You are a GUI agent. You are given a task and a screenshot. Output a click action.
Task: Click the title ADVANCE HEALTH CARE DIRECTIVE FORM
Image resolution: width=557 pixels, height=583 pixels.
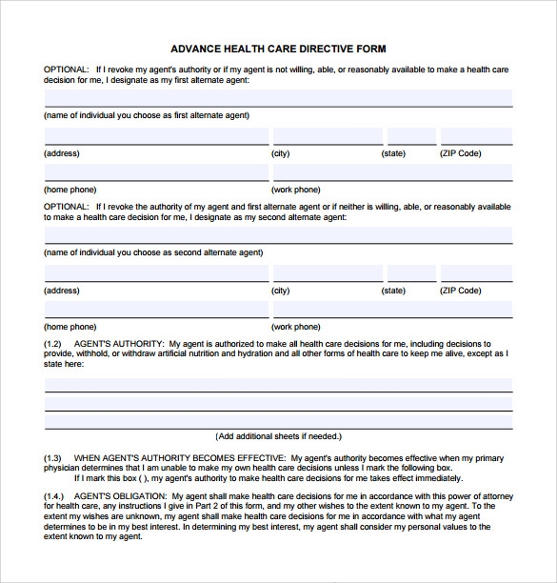click(278, 49)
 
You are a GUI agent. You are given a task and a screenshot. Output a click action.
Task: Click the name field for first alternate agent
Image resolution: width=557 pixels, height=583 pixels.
click(278, 98)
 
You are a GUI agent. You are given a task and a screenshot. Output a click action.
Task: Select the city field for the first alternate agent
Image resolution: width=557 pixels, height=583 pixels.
click(328, 136)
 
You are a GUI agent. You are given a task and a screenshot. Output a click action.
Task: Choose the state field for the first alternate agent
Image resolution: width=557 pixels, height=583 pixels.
click(410, 136)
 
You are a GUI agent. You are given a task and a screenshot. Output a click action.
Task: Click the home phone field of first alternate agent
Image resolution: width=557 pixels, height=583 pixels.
click(156, 172)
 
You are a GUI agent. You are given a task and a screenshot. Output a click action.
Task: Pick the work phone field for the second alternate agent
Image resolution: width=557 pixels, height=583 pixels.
click(392, 310)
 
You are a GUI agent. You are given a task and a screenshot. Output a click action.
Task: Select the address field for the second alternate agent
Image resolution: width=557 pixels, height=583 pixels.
click(156, 273)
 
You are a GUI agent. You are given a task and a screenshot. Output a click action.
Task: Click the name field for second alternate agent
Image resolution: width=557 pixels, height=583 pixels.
click(278, 235)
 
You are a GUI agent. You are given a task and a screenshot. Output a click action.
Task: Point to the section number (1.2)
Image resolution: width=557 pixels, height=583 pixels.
click(52, 343)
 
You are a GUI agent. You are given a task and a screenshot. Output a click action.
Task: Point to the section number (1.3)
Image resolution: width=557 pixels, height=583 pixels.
click(52, 458)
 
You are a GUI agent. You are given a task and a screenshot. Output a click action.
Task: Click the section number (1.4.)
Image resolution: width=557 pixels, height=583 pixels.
click(53, 497)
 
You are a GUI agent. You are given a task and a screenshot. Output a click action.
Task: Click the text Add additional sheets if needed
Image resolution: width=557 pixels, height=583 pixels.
click(278, 436)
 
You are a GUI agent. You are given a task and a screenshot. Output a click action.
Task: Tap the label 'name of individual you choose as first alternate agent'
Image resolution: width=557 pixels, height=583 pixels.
click(147, 115)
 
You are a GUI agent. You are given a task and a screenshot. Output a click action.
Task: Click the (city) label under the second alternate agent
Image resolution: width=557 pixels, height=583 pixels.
click(281, 291)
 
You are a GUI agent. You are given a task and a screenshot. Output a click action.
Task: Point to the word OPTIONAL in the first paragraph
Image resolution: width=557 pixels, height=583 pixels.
click(66, 70)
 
